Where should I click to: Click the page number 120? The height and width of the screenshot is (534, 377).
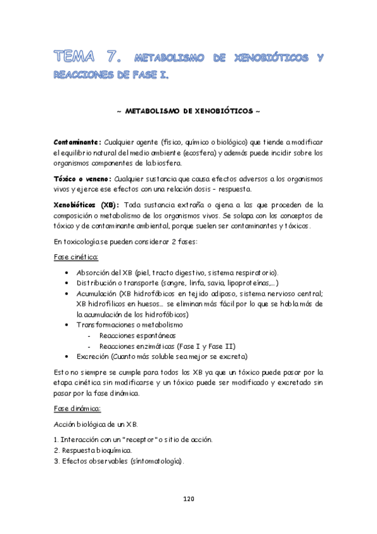pos(188,499)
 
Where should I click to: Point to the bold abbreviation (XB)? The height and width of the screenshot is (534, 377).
pos(110,205)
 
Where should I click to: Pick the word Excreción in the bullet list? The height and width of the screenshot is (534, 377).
pos(93,355)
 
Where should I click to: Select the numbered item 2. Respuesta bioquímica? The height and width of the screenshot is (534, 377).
pos(93,450)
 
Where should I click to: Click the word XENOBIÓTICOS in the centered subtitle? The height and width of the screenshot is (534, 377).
pos(217,111)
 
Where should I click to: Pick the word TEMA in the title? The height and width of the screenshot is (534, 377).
pos(73,57)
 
